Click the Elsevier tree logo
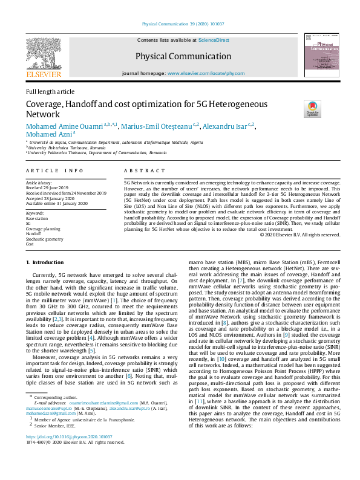pos(43,54)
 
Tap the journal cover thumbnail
pos(321,55)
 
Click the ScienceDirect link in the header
pos(214,39)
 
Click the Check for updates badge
pos(312,109)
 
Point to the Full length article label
pos(50,91)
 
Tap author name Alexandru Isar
pos(225,126)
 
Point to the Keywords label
pos(35,213)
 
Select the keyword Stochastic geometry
pos(44,239)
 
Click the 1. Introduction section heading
pos(45,262)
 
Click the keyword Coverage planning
pos(44,229)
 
